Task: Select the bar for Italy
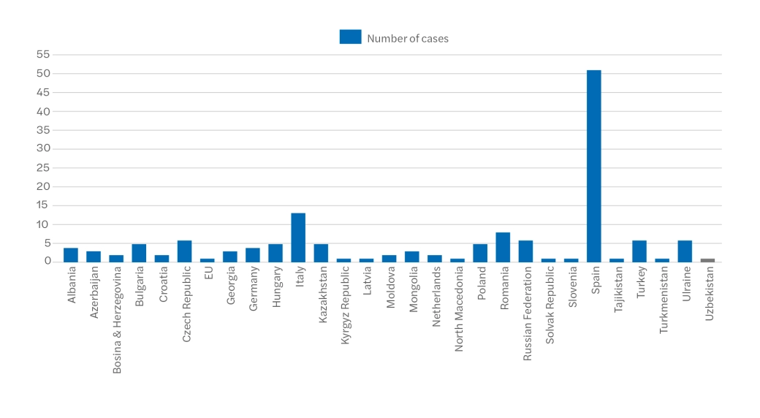[298, 237]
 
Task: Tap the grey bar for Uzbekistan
[707, 260]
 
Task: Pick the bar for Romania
[503, 247]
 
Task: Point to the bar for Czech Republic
[184, 251]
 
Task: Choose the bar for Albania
[71, 254]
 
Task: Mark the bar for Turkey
[639, 251]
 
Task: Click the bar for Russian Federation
[525, 251]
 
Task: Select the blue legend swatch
[350, 37]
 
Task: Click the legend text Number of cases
[408, 38]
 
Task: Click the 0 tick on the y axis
[46, 261]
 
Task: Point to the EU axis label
[208, 275]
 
